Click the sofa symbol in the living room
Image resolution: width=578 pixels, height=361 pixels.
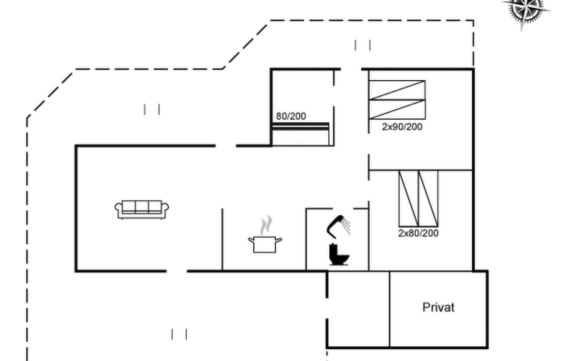click(x=141, y=209)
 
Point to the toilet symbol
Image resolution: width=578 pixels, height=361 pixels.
click(x=338, y=255)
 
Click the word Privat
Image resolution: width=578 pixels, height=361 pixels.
click(x=438, y=307)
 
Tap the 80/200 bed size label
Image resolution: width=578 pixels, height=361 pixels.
click(x=291, y=116)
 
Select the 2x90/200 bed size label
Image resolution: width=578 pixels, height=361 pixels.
click(x=402, y=127)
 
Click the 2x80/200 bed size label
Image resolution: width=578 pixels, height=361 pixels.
click(x=418, y=233)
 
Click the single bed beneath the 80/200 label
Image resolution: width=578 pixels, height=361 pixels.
click(x=300, y=134)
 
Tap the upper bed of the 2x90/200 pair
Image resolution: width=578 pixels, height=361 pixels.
click(x=397, y=90)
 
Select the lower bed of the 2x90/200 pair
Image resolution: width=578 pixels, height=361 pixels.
click(x=397, y=109)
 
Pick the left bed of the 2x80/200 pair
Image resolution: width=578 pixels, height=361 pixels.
click(x=408, y=199)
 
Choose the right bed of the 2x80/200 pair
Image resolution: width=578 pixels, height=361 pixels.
click(x=428, y=199)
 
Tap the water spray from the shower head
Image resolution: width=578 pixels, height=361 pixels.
click(x=347, y=226)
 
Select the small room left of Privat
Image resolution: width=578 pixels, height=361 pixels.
click(x=358, y=309)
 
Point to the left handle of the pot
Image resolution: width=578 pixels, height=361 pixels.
click(x=250, y=240)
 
